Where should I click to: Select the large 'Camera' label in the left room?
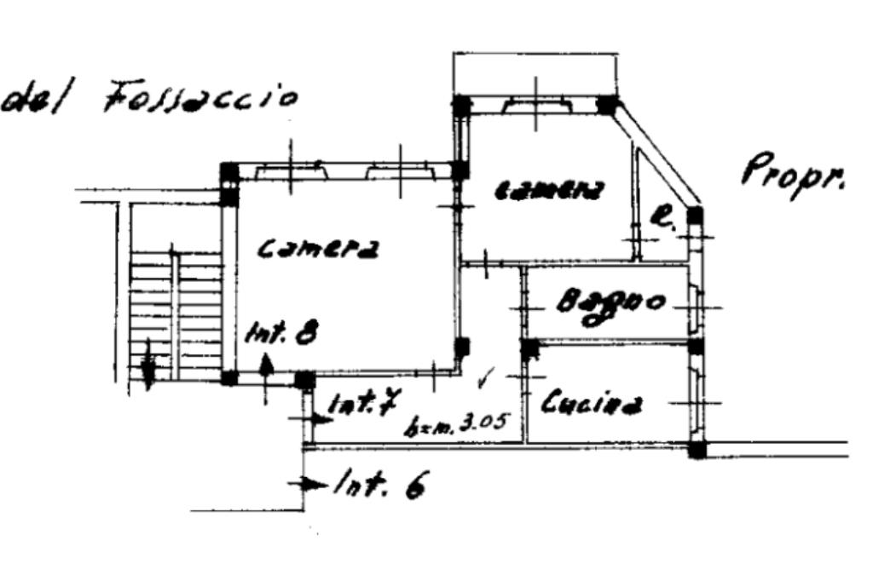(x=317, y=248)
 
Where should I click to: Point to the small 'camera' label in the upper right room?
(x=550, y=190)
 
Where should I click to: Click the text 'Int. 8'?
(x=281, y=332)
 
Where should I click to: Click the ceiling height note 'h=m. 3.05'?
(x=456, y=422)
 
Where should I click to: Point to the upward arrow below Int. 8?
(x=266, y=375)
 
